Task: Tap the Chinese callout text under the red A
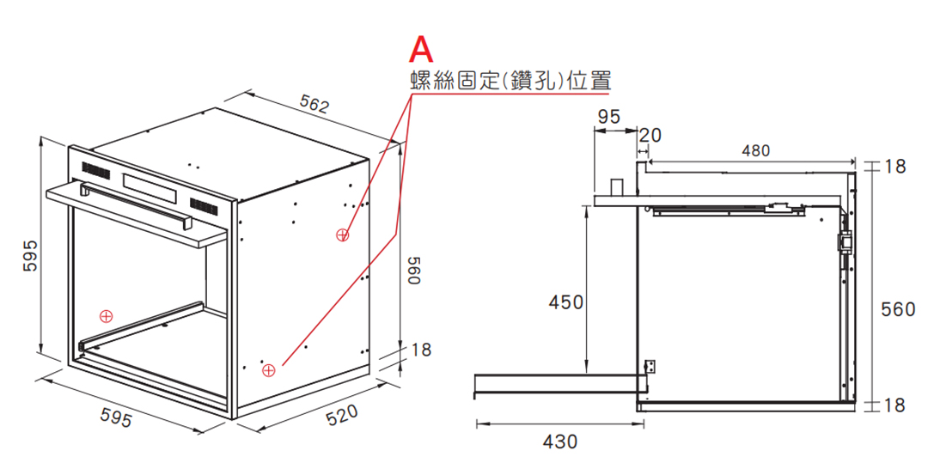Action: pyautogui.click(x=510, y=81)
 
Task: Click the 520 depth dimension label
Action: pyautogui.click(x=342, y=415)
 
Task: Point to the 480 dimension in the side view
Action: pyautogui.click(x=756, y=151)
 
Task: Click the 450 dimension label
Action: pyautogui.click(x=565, y=302)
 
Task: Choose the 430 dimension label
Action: pyautogui.click(x=560, y=442)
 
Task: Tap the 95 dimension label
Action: pyautogui.click(x=608, y=117)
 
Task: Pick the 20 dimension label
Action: pyautogui.click(x=650, y=136)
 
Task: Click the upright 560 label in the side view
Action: pyautogui.click(x=898, y=308)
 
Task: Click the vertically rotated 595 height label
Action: pyautogui.click(x=30, y=255)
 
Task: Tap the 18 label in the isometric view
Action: pyautogui.click(x=421, y=350)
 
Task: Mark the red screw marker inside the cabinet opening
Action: pyautogui.click(x=106, y=316)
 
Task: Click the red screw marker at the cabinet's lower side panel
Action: pyautogui.click(x=268, y=370)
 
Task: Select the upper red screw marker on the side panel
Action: pyautogui.click(x=342, y=235)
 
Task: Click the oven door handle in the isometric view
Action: pyautogui.click(x=135, y=203)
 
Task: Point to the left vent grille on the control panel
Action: pyautogui.click(x=96, y=169)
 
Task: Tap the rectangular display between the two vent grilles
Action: pyautogui.click(x=150, y=186)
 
